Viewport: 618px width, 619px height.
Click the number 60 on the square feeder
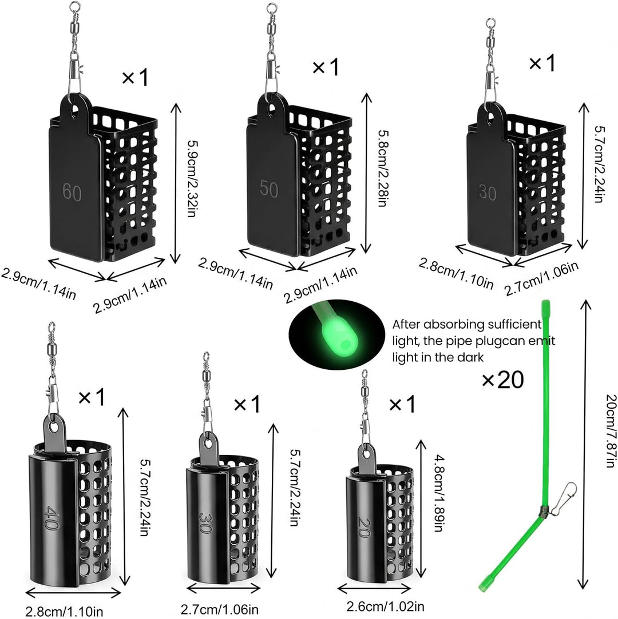72,192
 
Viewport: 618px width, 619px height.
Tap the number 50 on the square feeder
269,188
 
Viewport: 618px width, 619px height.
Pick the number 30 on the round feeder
205,522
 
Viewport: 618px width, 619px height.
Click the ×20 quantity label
502,380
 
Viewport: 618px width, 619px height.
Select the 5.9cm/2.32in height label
192,179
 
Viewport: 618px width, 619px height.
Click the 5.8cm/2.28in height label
382,169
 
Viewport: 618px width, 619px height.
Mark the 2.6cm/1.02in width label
385,606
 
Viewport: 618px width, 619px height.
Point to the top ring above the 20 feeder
364,373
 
